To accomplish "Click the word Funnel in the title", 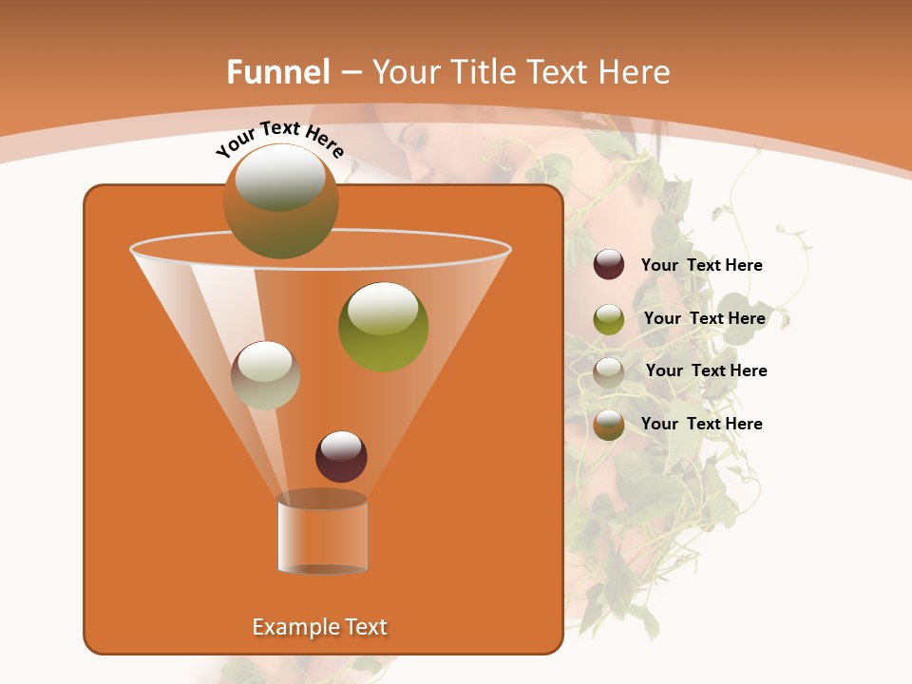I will click(x=277, y=72).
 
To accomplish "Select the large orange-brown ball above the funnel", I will click(x=281, y=200).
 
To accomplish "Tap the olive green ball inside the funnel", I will click(x=383, y=326).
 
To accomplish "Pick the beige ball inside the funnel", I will click(x=265, y=375).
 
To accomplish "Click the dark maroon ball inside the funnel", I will click(x=341, y=456).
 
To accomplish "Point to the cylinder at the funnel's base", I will click(x=322, y=533).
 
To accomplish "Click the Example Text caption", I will click(x=319, y=627).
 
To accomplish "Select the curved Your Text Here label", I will click(x=279, y=139).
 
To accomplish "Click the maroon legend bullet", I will click(x=609, y=265).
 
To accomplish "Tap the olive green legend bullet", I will click(x=609, y=318).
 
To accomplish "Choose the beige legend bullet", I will click(x=609, y=371).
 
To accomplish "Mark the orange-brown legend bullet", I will click(x=609, y=425).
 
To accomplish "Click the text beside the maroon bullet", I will click(x=701, y=265).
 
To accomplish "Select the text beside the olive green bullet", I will click(x=704, y=318).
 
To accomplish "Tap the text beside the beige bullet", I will click(x=706, y=370).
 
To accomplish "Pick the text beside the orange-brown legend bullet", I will click(x=701, y=424).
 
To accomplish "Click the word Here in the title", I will click(x=636, y=72).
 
